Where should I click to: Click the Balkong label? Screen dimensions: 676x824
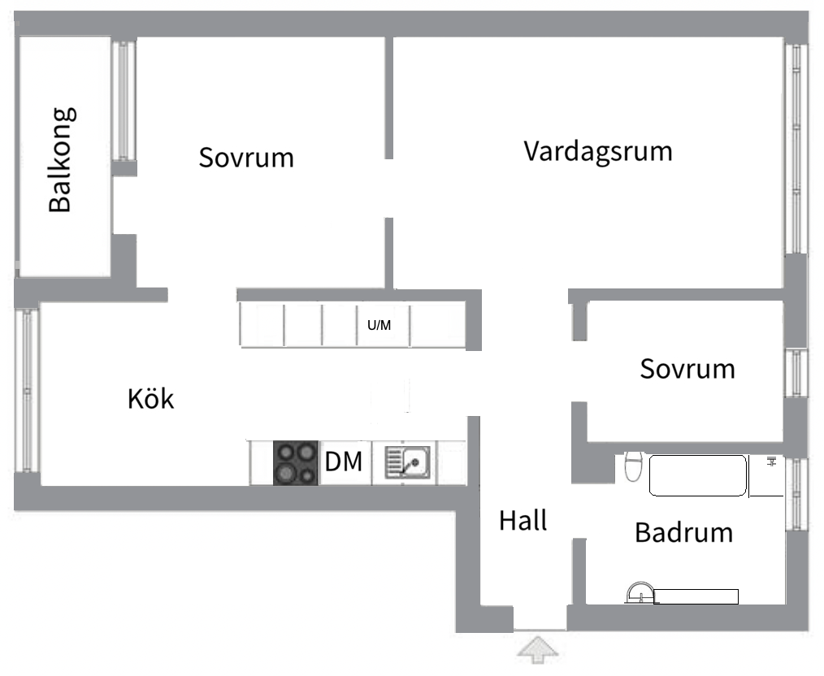click(x=61, y=159)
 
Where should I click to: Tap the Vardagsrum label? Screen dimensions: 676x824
click(x=598, y=151)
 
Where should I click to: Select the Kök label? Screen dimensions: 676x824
click(x=151, y=399)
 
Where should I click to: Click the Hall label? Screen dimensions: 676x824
click(x=523, y=520)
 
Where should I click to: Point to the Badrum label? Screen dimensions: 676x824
click(x=683, y=533)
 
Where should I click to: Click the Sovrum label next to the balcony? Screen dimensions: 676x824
click(x=246, y=157)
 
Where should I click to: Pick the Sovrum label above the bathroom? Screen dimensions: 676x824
click(x=687, y=369)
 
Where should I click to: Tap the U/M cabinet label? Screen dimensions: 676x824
click(x=379, y=327)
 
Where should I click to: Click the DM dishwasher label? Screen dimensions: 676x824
click(x=343, y=462)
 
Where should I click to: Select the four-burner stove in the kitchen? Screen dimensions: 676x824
click(x=295, y=462)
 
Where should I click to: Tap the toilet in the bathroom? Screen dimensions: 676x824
click(x=633, y=469)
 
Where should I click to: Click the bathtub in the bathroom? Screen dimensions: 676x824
click(x=698, y=475)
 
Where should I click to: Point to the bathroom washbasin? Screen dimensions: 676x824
click(x=640, y=593)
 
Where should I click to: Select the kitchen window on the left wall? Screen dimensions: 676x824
click(x=28, y=390)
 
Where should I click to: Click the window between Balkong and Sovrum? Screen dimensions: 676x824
click(x=124, y=99)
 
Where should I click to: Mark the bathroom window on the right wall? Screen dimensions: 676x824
click(x=796, y=495)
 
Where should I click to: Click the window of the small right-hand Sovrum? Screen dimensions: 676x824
click(x=796, y=373)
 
